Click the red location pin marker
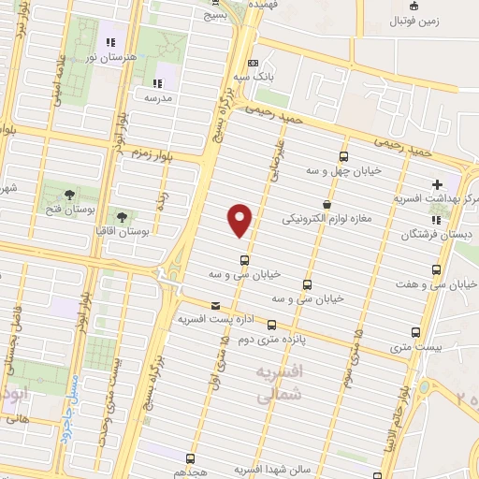tap(240, 220)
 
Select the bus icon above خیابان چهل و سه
tap(344, 156)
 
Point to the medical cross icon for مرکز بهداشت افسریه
tap(437, 184)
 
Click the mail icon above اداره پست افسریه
tap(216, 305)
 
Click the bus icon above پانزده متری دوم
tap(271, 326)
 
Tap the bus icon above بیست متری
tap(416, 331)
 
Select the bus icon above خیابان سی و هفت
tap(436, 271)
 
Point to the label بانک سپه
tap(254, 79)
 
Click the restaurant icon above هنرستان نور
tap(110, 42)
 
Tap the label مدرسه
tap(158, 96)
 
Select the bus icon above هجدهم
tap(191, 458)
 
